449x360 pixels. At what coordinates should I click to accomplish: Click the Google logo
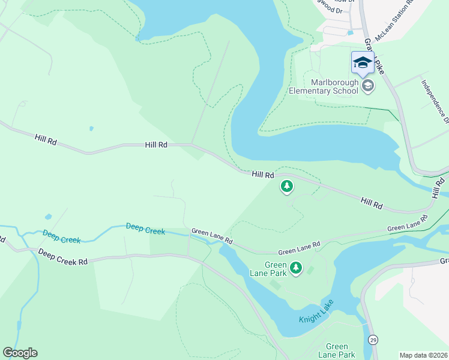pyautogui.click(x=20, y=352)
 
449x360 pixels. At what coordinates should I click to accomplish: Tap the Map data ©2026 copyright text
pyautogui.click(x=423, y=355)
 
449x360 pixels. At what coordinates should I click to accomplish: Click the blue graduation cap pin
pyautogui.click(x=362, y=62)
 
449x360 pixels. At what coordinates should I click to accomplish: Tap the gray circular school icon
pyautogui.click(x=368, y=86)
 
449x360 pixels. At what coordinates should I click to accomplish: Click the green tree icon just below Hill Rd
pyautogui.click(x=287, y=187)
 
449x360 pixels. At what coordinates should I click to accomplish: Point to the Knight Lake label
pyautogui.click(x=316, y=311)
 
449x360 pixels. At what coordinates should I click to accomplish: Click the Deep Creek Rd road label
pyautogui.click(x=63, y=257)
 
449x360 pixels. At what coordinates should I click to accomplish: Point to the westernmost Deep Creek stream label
pyautogui.click(x=61, y=236)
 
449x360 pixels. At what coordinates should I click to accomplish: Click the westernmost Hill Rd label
pyautogui.click(x=45, y=138)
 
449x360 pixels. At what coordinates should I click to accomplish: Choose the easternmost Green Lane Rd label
pyautogui.click(x=408, y=224)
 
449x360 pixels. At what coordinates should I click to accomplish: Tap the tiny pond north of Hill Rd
pyautogui.click(x=91, y=128)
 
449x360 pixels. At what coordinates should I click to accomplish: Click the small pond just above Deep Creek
pyautogui.click(x=48, y=217)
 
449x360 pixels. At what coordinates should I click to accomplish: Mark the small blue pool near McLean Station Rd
pyautogui.click(x=350, y=32)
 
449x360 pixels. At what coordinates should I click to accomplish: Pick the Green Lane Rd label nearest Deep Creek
pyautogui.click(x=212, y=235)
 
